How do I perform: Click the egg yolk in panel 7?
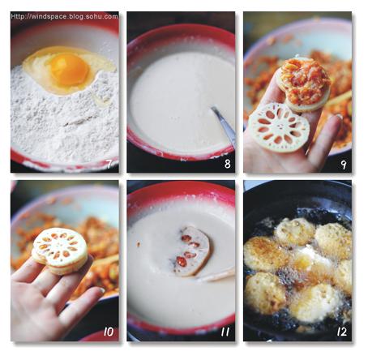click(69, 69)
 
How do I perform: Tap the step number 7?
click(109, 164)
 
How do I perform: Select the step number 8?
click(228, 164)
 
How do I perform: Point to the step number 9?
click(344, 165)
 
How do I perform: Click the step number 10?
click(109, 332)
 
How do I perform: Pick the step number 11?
click(225, 332)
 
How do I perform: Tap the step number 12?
click(342, 332)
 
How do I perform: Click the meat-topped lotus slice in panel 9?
click(305, 84)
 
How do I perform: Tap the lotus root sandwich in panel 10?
click(60, 251)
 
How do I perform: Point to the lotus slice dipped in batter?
click(193, 251)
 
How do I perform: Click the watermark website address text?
click(64, 16)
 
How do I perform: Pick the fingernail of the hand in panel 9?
click(338, 117)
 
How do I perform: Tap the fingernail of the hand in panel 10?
click(101, 290)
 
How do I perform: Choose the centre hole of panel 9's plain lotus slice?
click(280, 126)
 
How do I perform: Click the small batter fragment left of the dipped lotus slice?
click(139, 244)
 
